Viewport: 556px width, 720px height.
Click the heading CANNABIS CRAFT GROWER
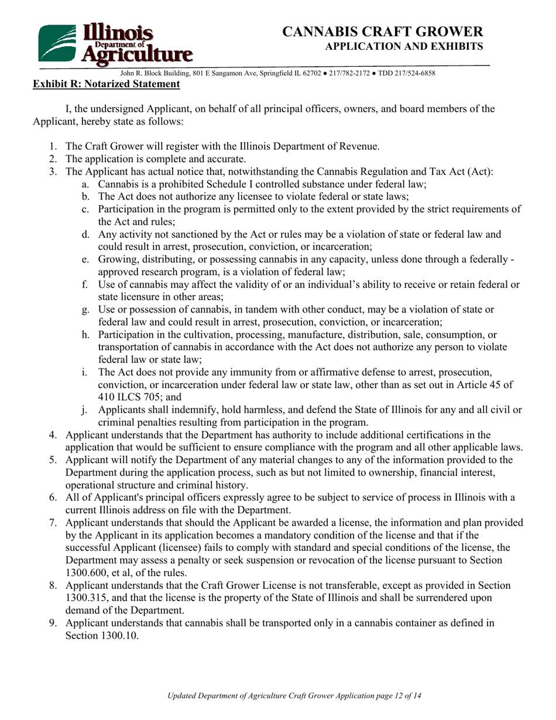click(x=383, y=32)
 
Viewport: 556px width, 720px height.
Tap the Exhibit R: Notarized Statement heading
click(x=106, y=84)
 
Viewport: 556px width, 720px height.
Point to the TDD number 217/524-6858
click(x=411, y=74)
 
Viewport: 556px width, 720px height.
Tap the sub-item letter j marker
click(x=85, y=410)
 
